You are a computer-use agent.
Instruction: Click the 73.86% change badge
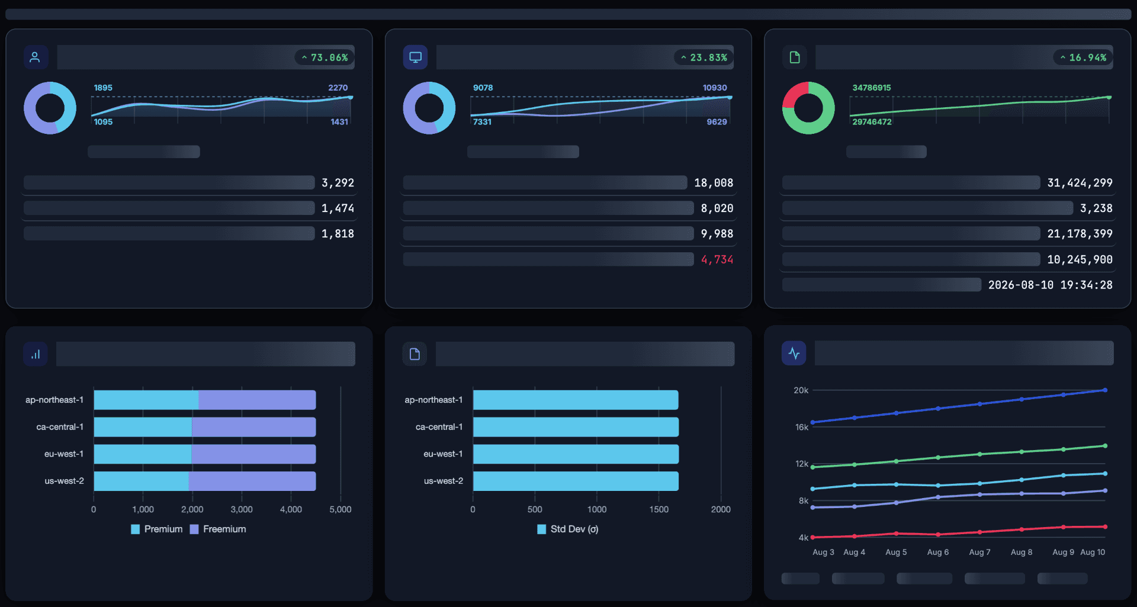(325, 57)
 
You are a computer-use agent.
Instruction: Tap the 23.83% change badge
(704, 57)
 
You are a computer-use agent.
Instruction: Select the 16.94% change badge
(1083, 57)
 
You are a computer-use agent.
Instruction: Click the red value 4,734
(717, 259)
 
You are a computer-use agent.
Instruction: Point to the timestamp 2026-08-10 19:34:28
(1050, 285)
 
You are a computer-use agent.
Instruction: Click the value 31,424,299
(1080, 183)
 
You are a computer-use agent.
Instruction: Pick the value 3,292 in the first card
(338, 183)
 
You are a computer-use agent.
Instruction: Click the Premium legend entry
(157, 529)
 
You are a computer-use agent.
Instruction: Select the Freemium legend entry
(218, 529)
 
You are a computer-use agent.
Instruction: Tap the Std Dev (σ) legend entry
(568, 529)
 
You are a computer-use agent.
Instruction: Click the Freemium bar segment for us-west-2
(252, 481)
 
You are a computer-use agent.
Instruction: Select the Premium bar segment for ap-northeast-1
(146, 400)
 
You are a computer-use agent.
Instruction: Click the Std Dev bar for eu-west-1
(576, 454)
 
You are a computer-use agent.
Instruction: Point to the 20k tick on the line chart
(801, 390)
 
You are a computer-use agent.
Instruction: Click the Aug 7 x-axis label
(979, 552)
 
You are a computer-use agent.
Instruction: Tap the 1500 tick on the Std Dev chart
(659, 509)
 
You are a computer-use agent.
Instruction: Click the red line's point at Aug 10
(1105, 526)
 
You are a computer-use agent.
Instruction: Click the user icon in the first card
(35, 57)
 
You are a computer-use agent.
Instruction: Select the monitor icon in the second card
(415, 57)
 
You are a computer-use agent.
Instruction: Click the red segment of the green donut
(794, 95)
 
